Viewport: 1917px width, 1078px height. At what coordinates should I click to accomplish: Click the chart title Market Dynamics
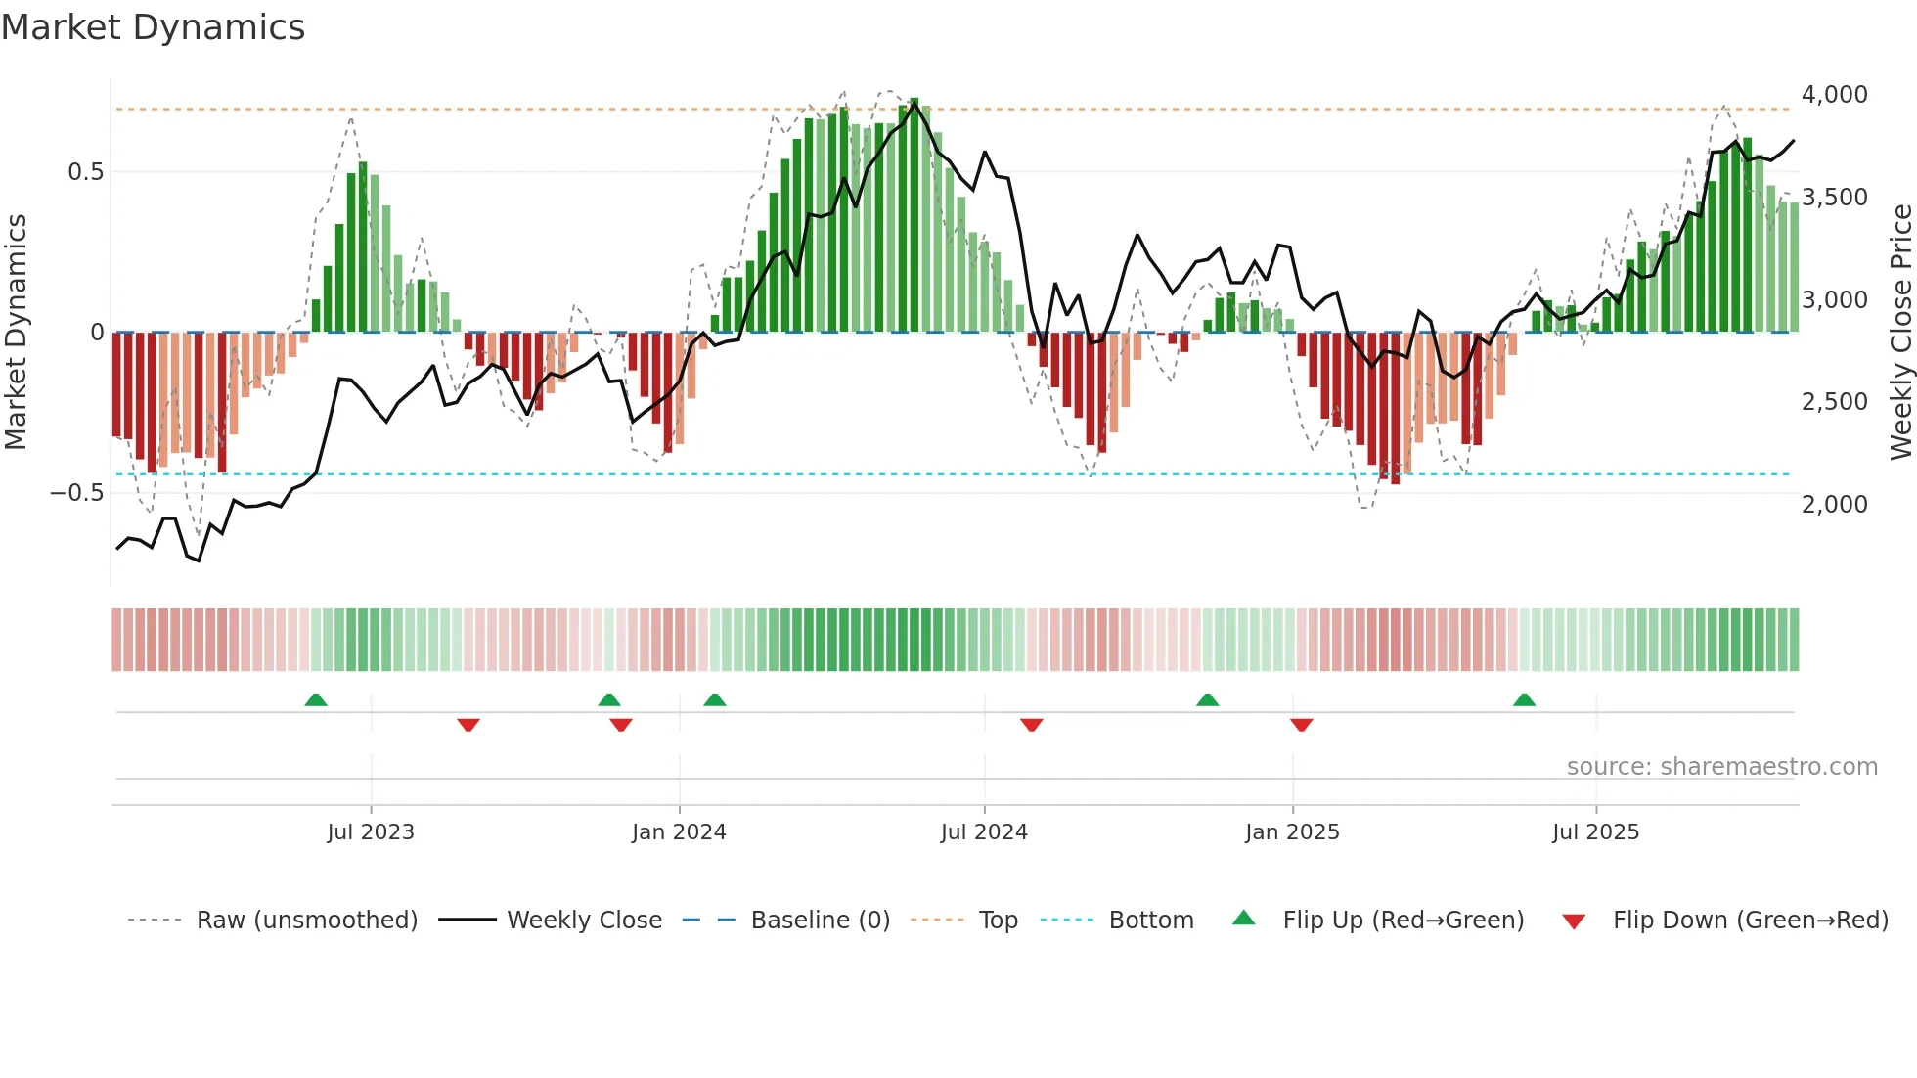pyautogui.click(x=154, y=27)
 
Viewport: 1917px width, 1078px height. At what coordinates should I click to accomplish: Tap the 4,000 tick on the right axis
pyautogui.click(x=1834, y=95)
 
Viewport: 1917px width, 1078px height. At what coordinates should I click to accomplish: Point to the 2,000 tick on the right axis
pyautogui.click(x=1834, y=504)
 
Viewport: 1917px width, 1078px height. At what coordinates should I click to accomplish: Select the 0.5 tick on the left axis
pyautogui.click(x=85, y=172)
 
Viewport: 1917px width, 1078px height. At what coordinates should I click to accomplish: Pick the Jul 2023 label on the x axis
pyautogui.click(x=371, y=832)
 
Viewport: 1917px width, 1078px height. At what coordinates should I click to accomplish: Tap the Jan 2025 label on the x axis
pyautogui.click(x=1292, y=832)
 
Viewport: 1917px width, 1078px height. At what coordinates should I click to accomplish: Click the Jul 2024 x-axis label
pyautogui.click(x=984, y=832)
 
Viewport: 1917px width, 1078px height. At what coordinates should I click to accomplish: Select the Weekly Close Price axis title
pyautogui.click(x=1900, y=333)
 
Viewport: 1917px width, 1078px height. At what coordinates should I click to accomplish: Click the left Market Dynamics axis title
pyautogui.click(x=16, y=333)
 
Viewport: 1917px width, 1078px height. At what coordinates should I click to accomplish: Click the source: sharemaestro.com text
pyautogui.click(x=1721, y=767)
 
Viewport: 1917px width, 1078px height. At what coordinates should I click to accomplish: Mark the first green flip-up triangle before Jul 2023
pyautogui.click(x=315, y=700)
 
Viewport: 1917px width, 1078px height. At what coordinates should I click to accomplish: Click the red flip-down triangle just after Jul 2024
pyautogui.click(x=1031, y=724)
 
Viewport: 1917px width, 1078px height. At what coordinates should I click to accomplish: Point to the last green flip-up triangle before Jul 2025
pyautogui.click(x=1524, y=700)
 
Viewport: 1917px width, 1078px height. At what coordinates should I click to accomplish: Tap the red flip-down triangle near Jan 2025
pyautogui.click(x=1301, y=724)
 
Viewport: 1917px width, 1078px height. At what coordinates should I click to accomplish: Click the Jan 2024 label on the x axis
pyautogui.click(x=679, y=832)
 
